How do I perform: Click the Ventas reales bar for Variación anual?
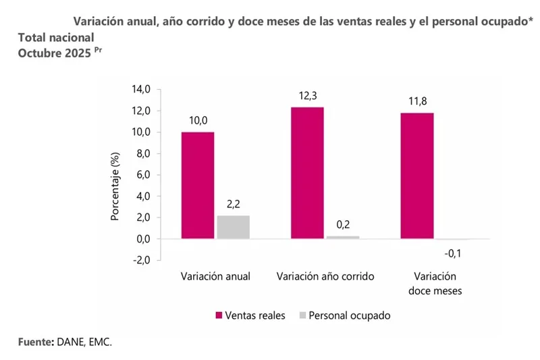pyautogui.click(x=198, y=185)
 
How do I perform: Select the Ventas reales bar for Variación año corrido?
pyautogui.click(x=307, y=173)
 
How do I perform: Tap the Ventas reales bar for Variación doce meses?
pyautogui.click(x=416, y=176)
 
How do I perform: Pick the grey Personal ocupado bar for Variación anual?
pyautogui.click(x=234, y=227)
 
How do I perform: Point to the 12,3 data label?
pyautogui.click(x=307, y=97)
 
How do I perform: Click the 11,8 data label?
pyautogui.click(x=416, y=102)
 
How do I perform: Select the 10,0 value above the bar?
pyautogui.click(x=198, y=121)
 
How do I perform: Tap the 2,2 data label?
pyautogui.click(x=234, y=205)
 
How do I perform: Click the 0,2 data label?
pyautogui.click(x=343, y=225)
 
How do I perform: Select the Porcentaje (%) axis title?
pyautogui.click(x=115, y=188)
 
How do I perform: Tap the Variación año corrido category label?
pyautogui.click(x=325, y=276)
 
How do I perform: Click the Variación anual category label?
pyautogui.click(x=216, y=276)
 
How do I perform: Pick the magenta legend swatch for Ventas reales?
pyautogui.click(x=219, y=315)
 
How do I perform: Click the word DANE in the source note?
pyautogui.click(x=70, y=342)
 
